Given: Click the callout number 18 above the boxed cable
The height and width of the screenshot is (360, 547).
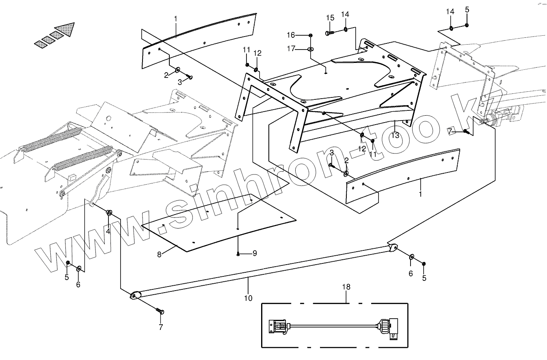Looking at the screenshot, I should [x=346, y=287].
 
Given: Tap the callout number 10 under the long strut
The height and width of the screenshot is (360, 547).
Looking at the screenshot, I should [x=248, y=298].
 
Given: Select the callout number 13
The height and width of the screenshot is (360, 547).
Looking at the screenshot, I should [x=395, y=135].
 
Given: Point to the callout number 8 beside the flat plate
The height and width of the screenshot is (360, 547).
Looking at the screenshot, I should [x=160, y=254].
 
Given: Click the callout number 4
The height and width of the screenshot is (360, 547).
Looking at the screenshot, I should [x=108, y=231].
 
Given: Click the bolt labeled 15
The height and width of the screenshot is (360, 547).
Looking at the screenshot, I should [x=329, y=32].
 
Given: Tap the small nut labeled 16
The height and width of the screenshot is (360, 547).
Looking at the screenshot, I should [x=311, y=35].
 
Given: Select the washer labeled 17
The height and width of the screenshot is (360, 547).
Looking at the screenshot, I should [x=311, y=49].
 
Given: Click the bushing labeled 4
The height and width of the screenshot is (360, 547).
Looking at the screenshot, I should [x=109, y=213].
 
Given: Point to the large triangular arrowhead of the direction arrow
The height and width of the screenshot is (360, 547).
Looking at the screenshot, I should [x=67, y=29].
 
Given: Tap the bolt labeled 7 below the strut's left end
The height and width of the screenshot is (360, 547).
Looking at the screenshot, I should [x=159, y=311].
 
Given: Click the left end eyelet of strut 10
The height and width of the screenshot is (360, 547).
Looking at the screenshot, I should [x=135, y=295].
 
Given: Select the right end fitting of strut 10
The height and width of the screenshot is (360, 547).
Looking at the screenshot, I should [x=393, y=247].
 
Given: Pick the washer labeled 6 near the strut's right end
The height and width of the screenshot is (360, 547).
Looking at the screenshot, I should [x=411, y=257].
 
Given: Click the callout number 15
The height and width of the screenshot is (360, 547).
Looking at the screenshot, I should [x=330, y=18].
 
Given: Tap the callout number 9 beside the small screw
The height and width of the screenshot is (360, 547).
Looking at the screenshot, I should [x=255, y=253].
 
